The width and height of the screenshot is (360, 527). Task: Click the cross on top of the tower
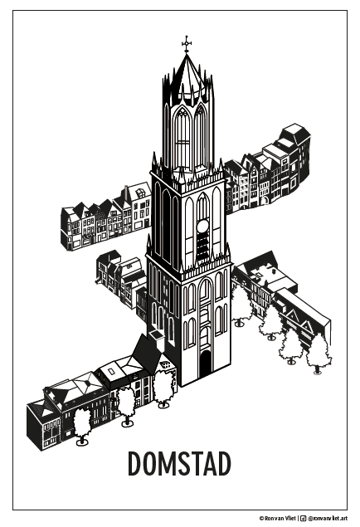(187, 43)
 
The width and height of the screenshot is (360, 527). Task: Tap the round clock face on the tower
(203, 227)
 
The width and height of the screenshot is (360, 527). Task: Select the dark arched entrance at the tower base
(205, 364)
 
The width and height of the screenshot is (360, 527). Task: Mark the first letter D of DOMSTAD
(135, 464)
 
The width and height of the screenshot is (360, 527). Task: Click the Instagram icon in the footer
(303, 518)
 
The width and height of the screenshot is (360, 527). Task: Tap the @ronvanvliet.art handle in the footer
(328, 518)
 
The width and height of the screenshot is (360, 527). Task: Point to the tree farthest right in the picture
(318, 354)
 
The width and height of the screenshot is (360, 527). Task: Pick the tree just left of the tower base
(163, 388)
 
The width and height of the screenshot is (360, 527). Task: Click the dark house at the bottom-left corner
(44, 425)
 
